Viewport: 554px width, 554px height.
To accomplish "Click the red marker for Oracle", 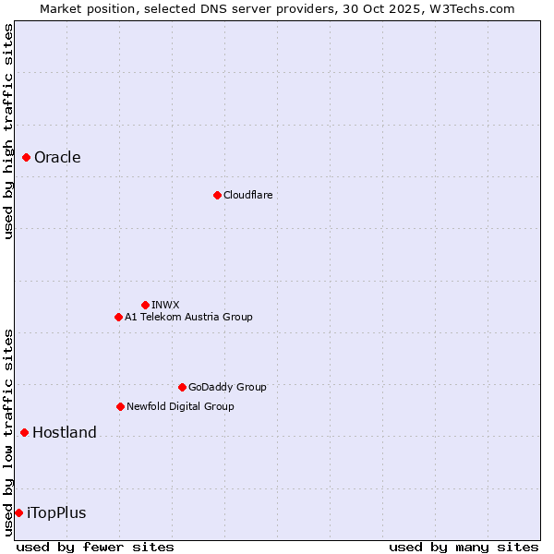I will click(27, 158).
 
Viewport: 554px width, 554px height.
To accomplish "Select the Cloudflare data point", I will click(217, 195).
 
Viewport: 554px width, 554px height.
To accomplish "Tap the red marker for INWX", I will click(145, 305).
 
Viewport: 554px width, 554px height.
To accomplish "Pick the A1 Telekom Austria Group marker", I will click(118, 317).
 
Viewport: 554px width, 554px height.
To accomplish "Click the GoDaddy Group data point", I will click(182, 387).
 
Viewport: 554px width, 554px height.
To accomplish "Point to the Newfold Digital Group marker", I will click(120, 406).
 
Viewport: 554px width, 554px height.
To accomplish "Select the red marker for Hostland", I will click(25, 432).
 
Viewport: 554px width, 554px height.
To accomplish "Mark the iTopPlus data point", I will click(18, 512).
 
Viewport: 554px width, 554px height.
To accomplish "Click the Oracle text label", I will click(57, 158).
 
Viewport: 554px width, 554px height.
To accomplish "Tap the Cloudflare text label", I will click(247, 195).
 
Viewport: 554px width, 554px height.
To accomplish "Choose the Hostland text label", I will click(65, 432).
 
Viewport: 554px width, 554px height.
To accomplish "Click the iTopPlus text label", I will click(56, 512).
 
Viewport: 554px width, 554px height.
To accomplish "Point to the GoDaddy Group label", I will click(227, 387).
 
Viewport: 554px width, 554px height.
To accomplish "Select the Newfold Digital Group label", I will click(180, 406).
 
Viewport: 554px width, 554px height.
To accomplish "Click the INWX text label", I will click(165, 305).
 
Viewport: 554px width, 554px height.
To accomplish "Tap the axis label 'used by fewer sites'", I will click(95, 547).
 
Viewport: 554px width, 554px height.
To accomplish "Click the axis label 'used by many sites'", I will click(464, 547).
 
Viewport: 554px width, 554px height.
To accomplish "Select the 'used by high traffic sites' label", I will click(8, 131).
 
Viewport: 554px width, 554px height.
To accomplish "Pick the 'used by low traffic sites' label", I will click(8, 432).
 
